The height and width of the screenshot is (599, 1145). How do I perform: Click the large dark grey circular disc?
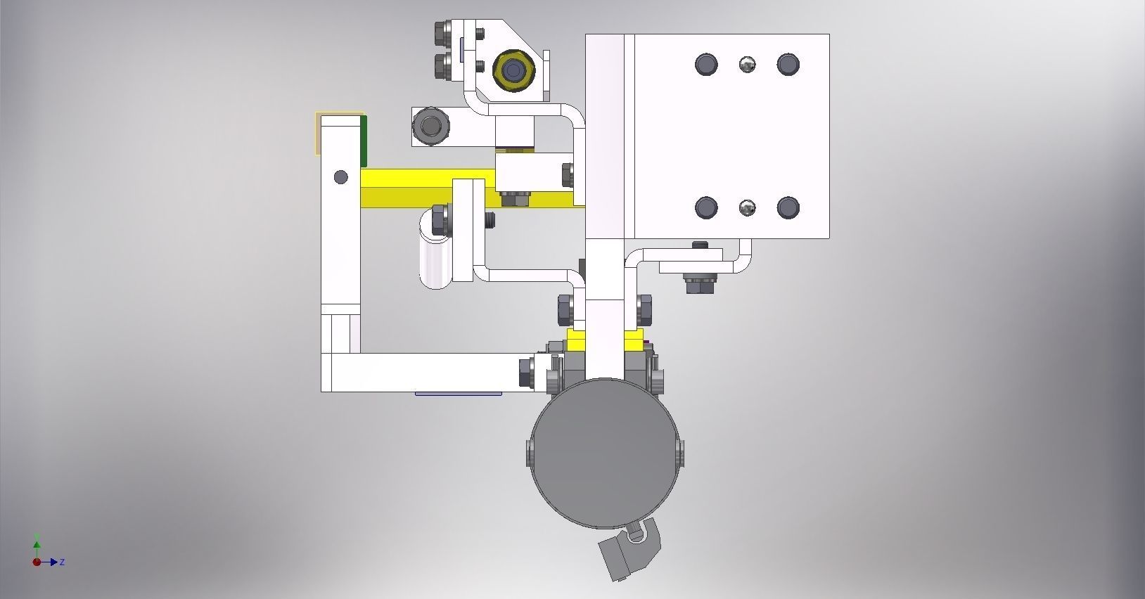click(603, 453)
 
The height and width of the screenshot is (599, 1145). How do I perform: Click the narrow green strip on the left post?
click(364, 141)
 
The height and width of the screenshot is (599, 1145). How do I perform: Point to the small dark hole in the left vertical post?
click(341, 176)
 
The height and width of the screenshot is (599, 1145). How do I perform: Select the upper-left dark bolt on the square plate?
click(706, 64)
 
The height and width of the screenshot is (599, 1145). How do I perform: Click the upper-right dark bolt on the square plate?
click(788, 64)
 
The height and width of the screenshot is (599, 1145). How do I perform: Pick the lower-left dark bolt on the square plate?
click(706, 207)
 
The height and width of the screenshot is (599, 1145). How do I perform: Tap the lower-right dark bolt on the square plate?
click(788, 207)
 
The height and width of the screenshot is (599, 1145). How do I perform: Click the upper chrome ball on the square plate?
click(747, 65)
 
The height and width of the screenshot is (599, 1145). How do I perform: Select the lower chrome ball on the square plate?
click(747, 207)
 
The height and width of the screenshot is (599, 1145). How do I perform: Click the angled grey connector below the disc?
click(628, 552)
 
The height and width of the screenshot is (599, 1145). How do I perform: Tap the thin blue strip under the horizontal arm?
click(458, 394)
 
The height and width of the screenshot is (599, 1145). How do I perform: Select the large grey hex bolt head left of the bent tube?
click(430, 126)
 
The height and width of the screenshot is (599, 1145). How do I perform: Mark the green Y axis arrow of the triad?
click(37, 543)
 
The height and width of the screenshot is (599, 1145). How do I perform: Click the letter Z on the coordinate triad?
click(63, 562)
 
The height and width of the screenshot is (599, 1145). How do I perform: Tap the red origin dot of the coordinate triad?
click(37, 562)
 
